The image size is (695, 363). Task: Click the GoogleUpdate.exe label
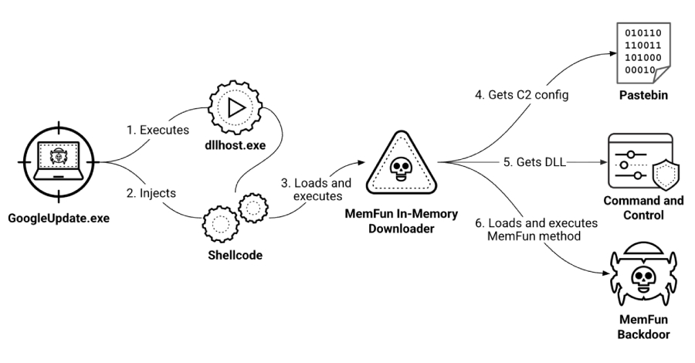click(59, 218)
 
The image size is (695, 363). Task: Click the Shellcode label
click(231, 254)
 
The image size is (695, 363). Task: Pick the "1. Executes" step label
click(158, 130)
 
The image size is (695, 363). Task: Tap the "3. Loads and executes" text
click(315, 191)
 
